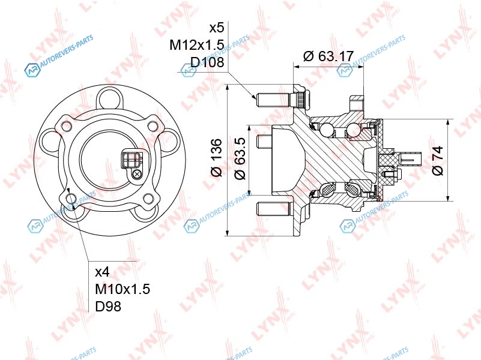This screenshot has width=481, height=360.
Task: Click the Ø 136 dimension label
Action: click(216, 157)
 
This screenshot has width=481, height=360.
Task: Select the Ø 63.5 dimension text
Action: click(240, 159)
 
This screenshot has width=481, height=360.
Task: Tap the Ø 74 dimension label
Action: click(438, 161)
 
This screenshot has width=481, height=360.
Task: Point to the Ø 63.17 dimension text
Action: click(328, 56)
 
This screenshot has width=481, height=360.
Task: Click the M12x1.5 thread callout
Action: click(197, 45)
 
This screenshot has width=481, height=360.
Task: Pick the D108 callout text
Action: click(207, 62)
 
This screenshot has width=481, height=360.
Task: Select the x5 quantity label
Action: click(217, 28)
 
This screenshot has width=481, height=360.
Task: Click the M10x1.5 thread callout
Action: click(123, 289)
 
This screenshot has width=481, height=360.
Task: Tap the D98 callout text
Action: click(108, 306)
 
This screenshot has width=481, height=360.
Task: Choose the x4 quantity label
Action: click(103, 271)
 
